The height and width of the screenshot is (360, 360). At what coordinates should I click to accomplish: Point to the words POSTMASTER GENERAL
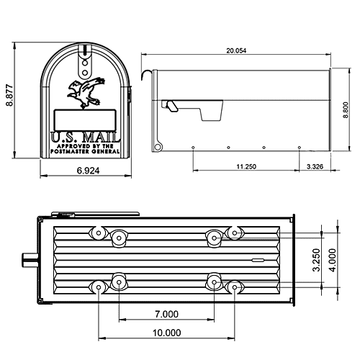[x=84, y=150]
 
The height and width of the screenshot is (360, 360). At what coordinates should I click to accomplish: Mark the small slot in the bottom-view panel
[x=258, y=257]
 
